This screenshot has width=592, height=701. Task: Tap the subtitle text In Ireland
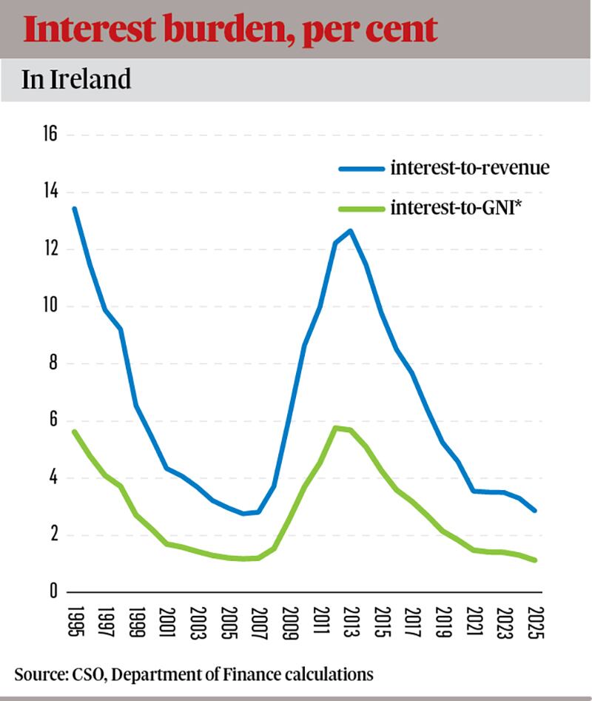76,79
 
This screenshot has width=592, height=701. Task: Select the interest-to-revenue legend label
470,167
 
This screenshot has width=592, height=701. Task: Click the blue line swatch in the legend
362,168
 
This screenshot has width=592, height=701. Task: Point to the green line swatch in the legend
362,209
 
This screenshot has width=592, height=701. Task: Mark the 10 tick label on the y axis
49,306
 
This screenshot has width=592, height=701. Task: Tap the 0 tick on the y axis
53,591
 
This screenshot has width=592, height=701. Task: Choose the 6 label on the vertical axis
53,420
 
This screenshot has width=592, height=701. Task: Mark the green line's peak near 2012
335,428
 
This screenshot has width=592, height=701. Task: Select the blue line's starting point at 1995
75,209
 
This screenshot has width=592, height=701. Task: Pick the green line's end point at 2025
535,560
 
